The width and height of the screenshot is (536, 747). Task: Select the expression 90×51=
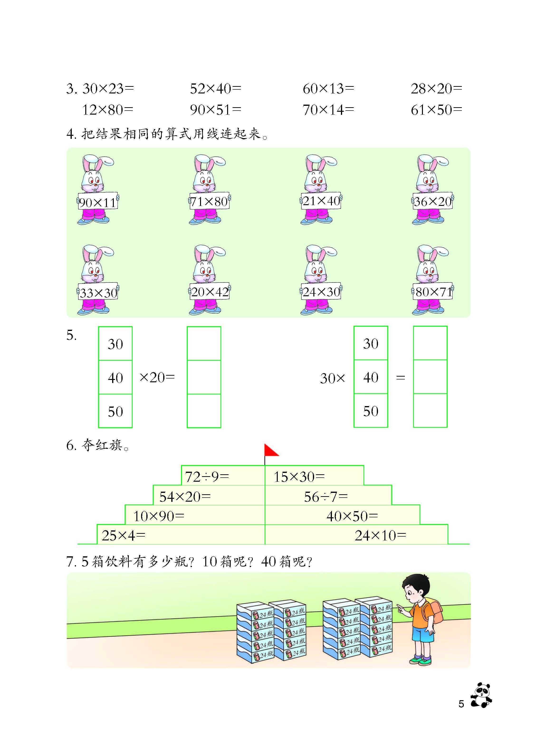(x=216, y=110)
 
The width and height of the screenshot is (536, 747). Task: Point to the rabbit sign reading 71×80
(x=209, y=201)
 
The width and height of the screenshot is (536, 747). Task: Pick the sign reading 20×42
(x=209, y=291)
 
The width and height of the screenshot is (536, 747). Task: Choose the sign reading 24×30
(x=321, y=291)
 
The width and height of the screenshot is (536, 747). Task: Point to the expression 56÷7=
(x=326, y=496)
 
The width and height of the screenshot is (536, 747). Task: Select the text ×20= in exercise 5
(x=157, y=378)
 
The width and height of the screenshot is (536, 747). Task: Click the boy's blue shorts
(x=420, y=631)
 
